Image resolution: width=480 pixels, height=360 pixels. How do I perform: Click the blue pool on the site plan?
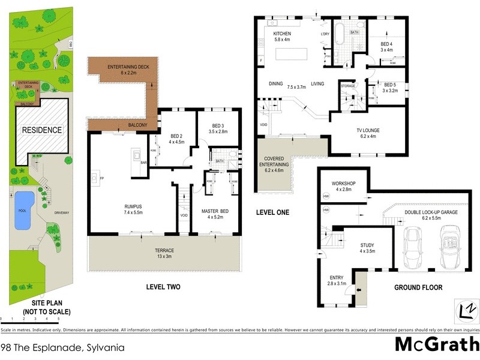pos(22,210)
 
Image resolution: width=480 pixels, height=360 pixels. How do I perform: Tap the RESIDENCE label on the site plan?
pos(41,130)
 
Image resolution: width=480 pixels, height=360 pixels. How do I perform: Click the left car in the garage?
pos(413,248)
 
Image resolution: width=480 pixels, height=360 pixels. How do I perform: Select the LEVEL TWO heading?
pos(163,287)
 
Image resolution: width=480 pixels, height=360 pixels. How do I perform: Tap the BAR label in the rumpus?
pos(144,163)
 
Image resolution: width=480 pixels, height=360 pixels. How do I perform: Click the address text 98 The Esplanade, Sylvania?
pos(58,346)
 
